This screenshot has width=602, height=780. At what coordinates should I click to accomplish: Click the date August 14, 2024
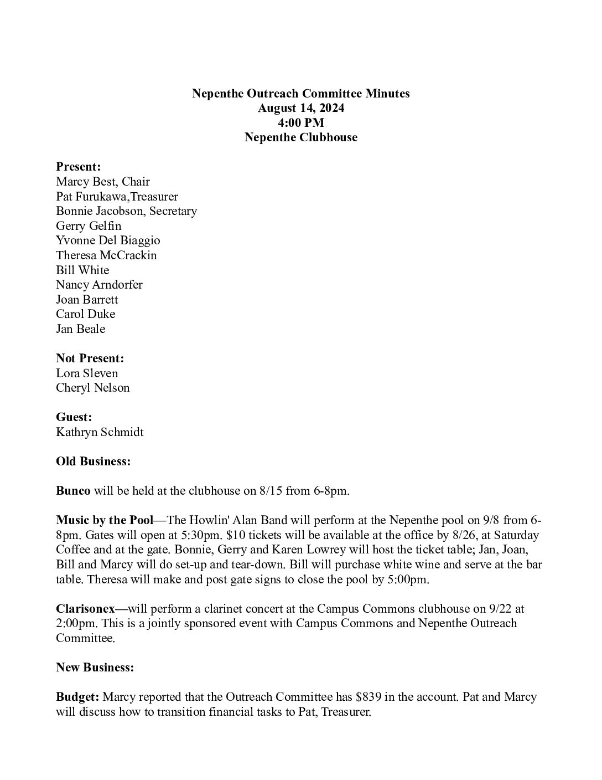coord(300,108)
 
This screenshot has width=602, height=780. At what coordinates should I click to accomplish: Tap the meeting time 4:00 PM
coord(300,122)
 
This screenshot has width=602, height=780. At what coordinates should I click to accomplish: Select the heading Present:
coord(78,167)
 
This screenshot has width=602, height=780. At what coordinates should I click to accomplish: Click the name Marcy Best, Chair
coord(103,182)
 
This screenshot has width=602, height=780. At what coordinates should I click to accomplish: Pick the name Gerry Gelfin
coord(89,226)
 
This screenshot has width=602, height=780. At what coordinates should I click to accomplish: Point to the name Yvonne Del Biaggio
coord(108,240)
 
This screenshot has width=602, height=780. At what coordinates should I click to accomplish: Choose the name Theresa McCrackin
coord(106,255)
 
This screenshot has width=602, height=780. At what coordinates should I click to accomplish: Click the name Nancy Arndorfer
coord(99,285)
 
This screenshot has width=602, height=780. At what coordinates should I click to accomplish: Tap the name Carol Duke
coord(86,314)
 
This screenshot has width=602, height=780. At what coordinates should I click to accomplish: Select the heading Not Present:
coord(90,358)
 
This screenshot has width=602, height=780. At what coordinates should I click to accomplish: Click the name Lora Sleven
coord(87,373)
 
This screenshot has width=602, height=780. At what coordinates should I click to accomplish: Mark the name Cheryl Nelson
coord(93,388)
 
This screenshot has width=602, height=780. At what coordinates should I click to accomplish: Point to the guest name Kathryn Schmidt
coord(100,432)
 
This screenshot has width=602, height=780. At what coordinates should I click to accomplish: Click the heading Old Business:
coord(94,461)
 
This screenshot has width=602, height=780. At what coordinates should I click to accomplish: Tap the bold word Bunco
coord(73,491)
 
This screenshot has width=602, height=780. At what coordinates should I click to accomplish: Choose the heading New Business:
coord(95,668)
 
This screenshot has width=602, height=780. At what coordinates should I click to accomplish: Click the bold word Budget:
coord(77,697)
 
